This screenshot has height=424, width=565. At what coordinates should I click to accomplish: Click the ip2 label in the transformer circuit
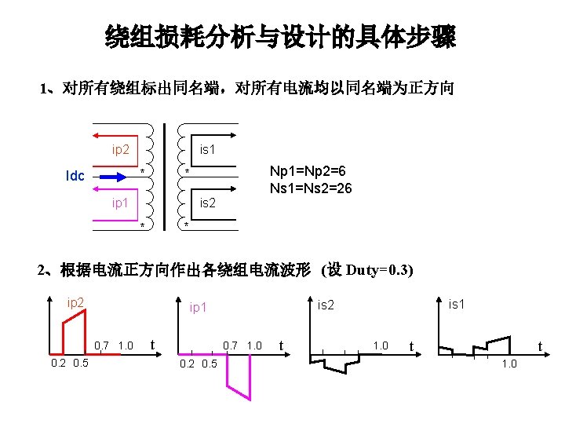coord(120,149)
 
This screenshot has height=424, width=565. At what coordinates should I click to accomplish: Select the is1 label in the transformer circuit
coord(207,148)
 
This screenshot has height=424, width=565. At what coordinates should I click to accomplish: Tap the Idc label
coord(75,176)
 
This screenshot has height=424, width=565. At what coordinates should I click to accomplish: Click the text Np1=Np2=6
coord(308,172)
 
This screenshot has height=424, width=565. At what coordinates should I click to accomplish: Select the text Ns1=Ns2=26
coord(311,188)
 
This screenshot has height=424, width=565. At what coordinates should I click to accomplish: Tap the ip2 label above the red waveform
coord(76,302)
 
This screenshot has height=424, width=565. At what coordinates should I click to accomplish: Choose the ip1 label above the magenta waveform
coord(199,308)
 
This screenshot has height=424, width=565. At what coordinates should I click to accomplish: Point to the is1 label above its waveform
coord(457,303)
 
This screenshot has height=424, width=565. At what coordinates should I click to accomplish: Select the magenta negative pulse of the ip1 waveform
coord(239,377)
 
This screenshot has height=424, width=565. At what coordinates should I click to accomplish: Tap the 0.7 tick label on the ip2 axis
coord(101,345)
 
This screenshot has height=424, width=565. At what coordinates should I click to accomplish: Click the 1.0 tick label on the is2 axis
coord(381,345)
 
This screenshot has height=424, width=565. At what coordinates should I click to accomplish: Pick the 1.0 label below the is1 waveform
coord(509,364)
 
